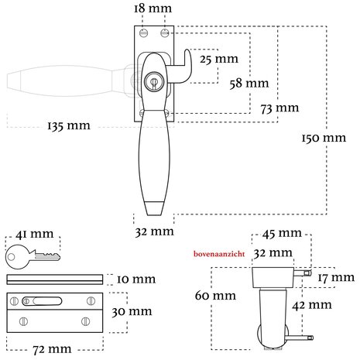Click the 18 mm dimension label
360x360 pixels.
pyautogui.click(x=153, y=9)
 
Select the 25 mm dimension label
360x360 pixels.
pyautogui.click(x=219, y=59)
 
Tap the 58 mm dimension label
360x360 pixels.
pyautogui.click(x=249, y=84)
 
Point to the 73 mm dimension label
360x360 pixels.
pyautogui.click(x=279, y=108)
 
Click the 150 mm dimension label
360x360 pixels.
pyautogui.click(x=324, y=138)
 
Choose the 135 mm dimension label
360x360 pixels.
pyautogui.click(x=69, y=125)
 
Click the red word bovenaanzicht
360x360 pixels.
pyautogui.click(x=219, y=254)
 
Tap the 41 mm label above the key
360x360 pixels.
pyautogui.click(x=34, y=234)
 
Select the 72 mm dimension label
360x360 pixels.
pyautogui.click(x=52, y=349)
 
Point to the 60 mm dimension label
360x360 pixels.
pyautogui.click(x=215, y=296)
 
